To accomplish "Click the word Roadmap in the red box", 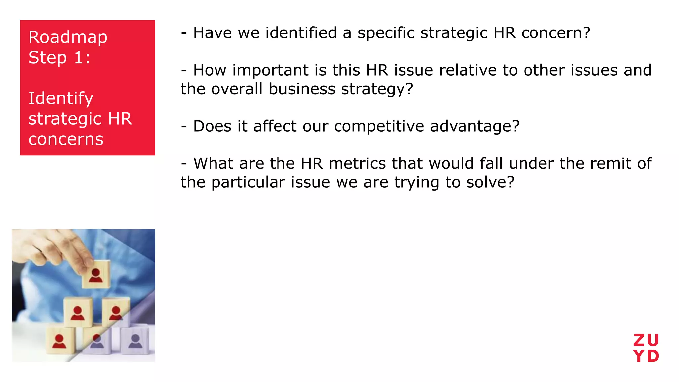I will tap(68, 37).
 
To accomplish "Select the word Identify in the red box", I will tap(61, 99).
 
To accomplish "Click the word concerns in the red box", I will tap(66, 139).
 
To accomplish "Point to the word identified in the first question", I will tap(301, 33).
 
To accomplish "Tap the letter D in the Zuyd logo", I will tap(653, 357).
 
